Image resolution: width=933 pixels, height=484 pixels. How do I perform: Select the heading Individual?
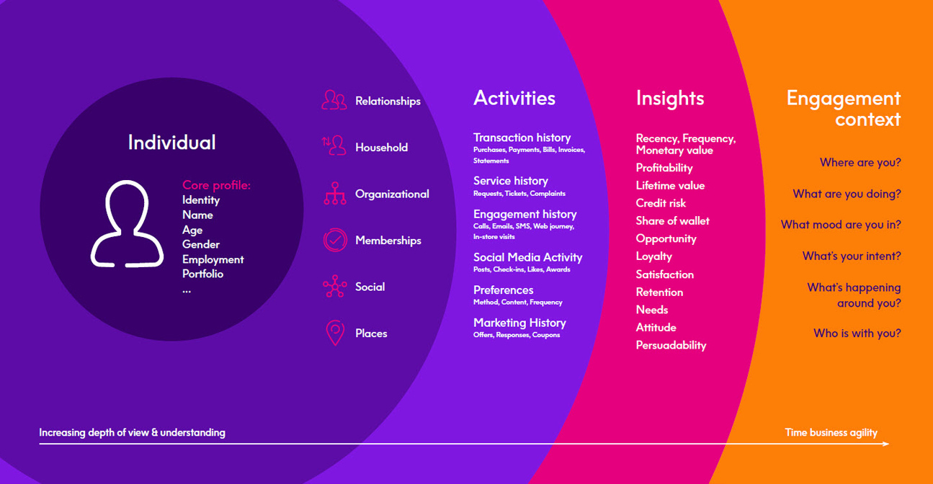coord(171,143)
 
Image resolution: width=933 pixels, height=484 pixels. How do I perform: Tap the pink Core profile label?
coord(216,185)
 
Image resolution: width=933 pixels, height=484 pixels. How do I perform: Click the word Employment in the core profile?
coord(213,259)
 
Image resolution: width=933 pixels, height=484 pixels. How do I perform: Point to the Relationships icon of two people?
coord(334,100)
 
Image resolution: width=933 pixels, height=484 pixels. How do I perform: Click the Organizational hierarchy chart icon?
coord(335,193)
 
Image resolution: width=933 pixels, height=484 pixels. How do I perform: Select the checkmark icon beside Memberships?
coord(335,240)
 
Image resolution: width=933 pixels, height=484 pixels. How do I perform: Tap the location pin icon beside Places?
coord(335,333)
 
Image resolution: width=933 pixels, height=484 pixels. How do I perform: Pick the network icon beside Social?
coord(335,286)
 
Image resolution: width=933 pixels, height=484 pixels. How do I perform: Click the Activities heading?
coord(514,98)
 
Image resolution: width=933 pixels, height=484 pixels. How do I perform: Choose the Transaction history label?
coord(522,138)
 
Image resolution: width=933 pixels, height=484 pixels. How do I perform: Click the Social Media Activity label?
coord(527,257)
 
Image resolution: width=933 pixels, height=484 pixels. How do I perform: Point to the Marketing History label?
coord(519,323)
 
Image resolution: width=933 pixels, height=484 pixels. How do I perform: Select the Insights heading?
coord(670,98)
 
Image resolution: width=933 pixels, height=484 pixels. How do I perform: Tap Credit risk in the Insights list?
coord(661,203)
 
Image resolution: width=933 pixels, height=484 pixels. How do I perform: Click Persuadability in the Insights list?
coord(671,345)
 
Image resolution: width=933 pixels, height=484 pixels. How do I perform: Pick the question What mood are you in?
coord(841,225)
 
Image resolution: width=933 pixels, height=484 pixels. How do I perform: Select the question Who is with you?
coord(857,333)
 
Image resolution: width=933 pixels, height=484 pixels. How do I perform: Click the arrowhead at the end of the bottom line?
coord(887,444)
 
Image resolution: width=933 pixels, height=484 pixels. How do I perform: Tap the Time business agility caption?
coord(831,433)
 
